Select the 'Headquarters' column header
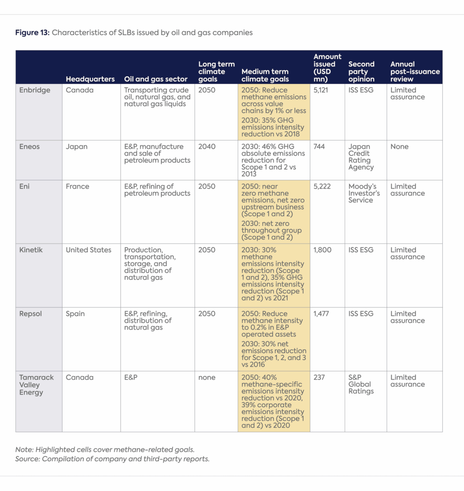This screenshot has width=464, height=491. pyautogui.click(x=90, y=79)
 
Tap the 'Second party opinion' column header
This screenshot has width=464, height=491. pyautogui.click(x=361, y=71)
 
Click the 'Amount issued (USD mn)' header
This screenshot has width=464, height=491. pyautogui.click(x=327, y=68)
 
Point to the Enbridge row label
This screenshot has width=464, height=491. pyautogui.click(x=35, y=90)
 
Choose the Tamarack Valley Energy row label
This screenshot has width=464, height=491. pyautogui.click(x=37, y=385)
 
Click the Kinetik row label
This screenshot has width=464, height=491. pyautogui.click(x=31, y=250)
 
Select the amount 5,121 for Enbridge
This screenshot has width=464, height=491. pyautogui.click(x=321, y=90)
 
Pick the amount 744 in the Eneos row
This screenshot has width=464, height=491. pyautogui.click(x=319, y=147)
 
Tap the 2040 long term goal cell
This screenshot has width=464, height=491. pyautogui.click(x=207, y=147)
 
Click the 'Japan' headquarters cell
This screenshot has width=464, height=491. pyautogui.click(x=77, y=147)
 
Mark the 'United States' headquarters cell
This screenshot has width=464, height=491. pyautogui.click(x=88, y=250)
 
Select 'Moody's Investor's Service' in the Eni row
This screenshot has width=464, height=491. pyautogui.click(x=364, y=193)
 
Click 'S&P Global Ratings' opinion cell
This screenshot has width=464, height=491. pyautogui.click(x=360, y=384)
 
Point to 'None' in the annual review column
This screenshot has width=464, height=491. pyautogui.click(x=400, y=147)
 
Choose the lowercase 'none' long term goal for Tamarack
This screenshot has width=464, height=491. pyautogui.click(x=207, y=377)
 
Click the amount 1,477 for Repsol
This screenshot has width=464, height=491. pyautogui.click(x=322, y=314)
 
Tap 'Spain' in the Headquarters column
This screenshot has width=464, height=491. pyautogui.click(x=76, y=314)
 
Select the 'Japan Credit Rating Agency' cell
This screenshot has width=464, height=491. pyautogui.click(x=360, y=157)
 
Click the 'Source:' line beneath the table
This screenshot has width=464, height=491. pyautogui.click(x=112, y=459)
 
